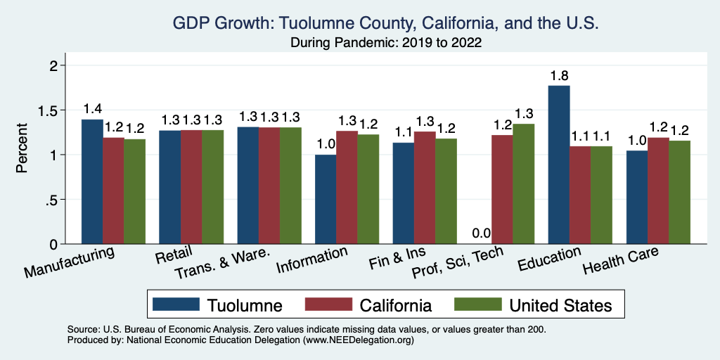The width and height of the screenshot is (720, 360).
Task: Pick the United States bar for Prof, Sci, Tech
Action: (x=524, y=184)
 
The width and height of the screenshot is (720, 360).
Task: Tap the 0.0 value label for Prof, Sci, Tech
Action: (x=481, y=233)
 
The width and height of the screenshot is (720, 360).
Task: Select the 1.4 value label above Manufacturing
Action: (x=92, y=109)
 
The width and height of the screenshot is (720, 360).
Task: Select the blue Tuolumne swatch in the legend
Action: (x=173, y=305)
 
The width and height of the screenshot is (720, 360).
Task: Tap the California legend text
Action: (x=395, y=305)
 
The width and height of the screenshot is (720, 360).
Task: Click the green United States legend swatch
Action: (x=477, y=305)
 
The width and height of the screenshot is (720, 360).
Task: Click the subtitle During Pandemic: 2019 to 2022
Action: (x=386, y=43)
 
